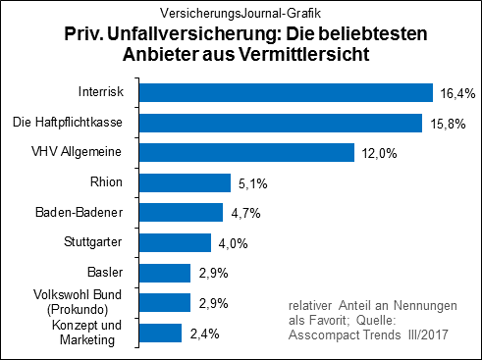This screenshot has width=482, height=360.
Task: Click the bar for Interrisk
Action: [x=286, y=93]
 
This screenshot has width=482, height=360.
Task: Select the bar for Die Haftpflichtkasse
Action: [x=281, y=123]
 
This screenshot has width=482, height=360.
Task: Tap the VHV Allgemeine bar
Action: [x=246, y=153]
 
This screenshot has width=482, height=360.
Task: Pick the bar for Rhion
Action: [x=185, y=182]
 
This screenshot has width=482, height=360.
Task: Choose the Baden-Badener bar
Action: [x=182, y=213]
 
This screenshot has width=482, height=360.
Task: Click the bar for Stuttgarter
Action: [x=175, y=242]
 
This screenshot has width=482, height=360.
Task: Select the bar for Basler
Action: [x=165, y=273]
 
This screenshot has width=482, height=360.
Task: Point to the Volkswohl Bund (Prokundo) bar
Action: [x=165, y=302]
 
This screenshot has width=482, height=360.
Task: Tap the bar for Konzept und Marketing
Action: [x=161, y=333]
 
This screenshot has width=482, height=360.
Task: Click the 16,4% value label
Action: [x=455, y=94]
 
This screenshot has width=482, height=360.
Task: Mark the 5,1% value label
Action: [x=250, y=183]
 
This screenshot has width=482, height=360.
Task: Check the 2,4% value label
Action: [x=202, y=334]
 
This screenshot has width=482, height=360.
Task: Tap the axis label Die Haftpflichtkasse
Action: [x=67, y=123]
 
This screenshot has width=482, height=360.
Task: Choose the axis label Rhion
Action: [x=106, y=182]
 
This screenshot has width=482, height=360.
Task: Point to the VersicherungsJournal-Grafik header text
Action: [x=241, y=12]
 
